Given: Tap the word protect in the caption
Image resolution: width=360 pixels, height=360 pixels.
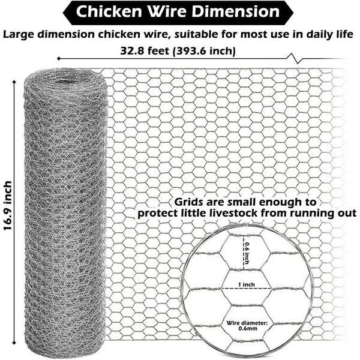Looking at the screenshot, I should pyautogui.click(x=158, y=213).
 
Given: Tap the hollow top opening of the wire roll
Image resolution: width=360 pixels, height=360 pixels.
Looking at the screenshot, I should pyautogui.click(x=66, y=78).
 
